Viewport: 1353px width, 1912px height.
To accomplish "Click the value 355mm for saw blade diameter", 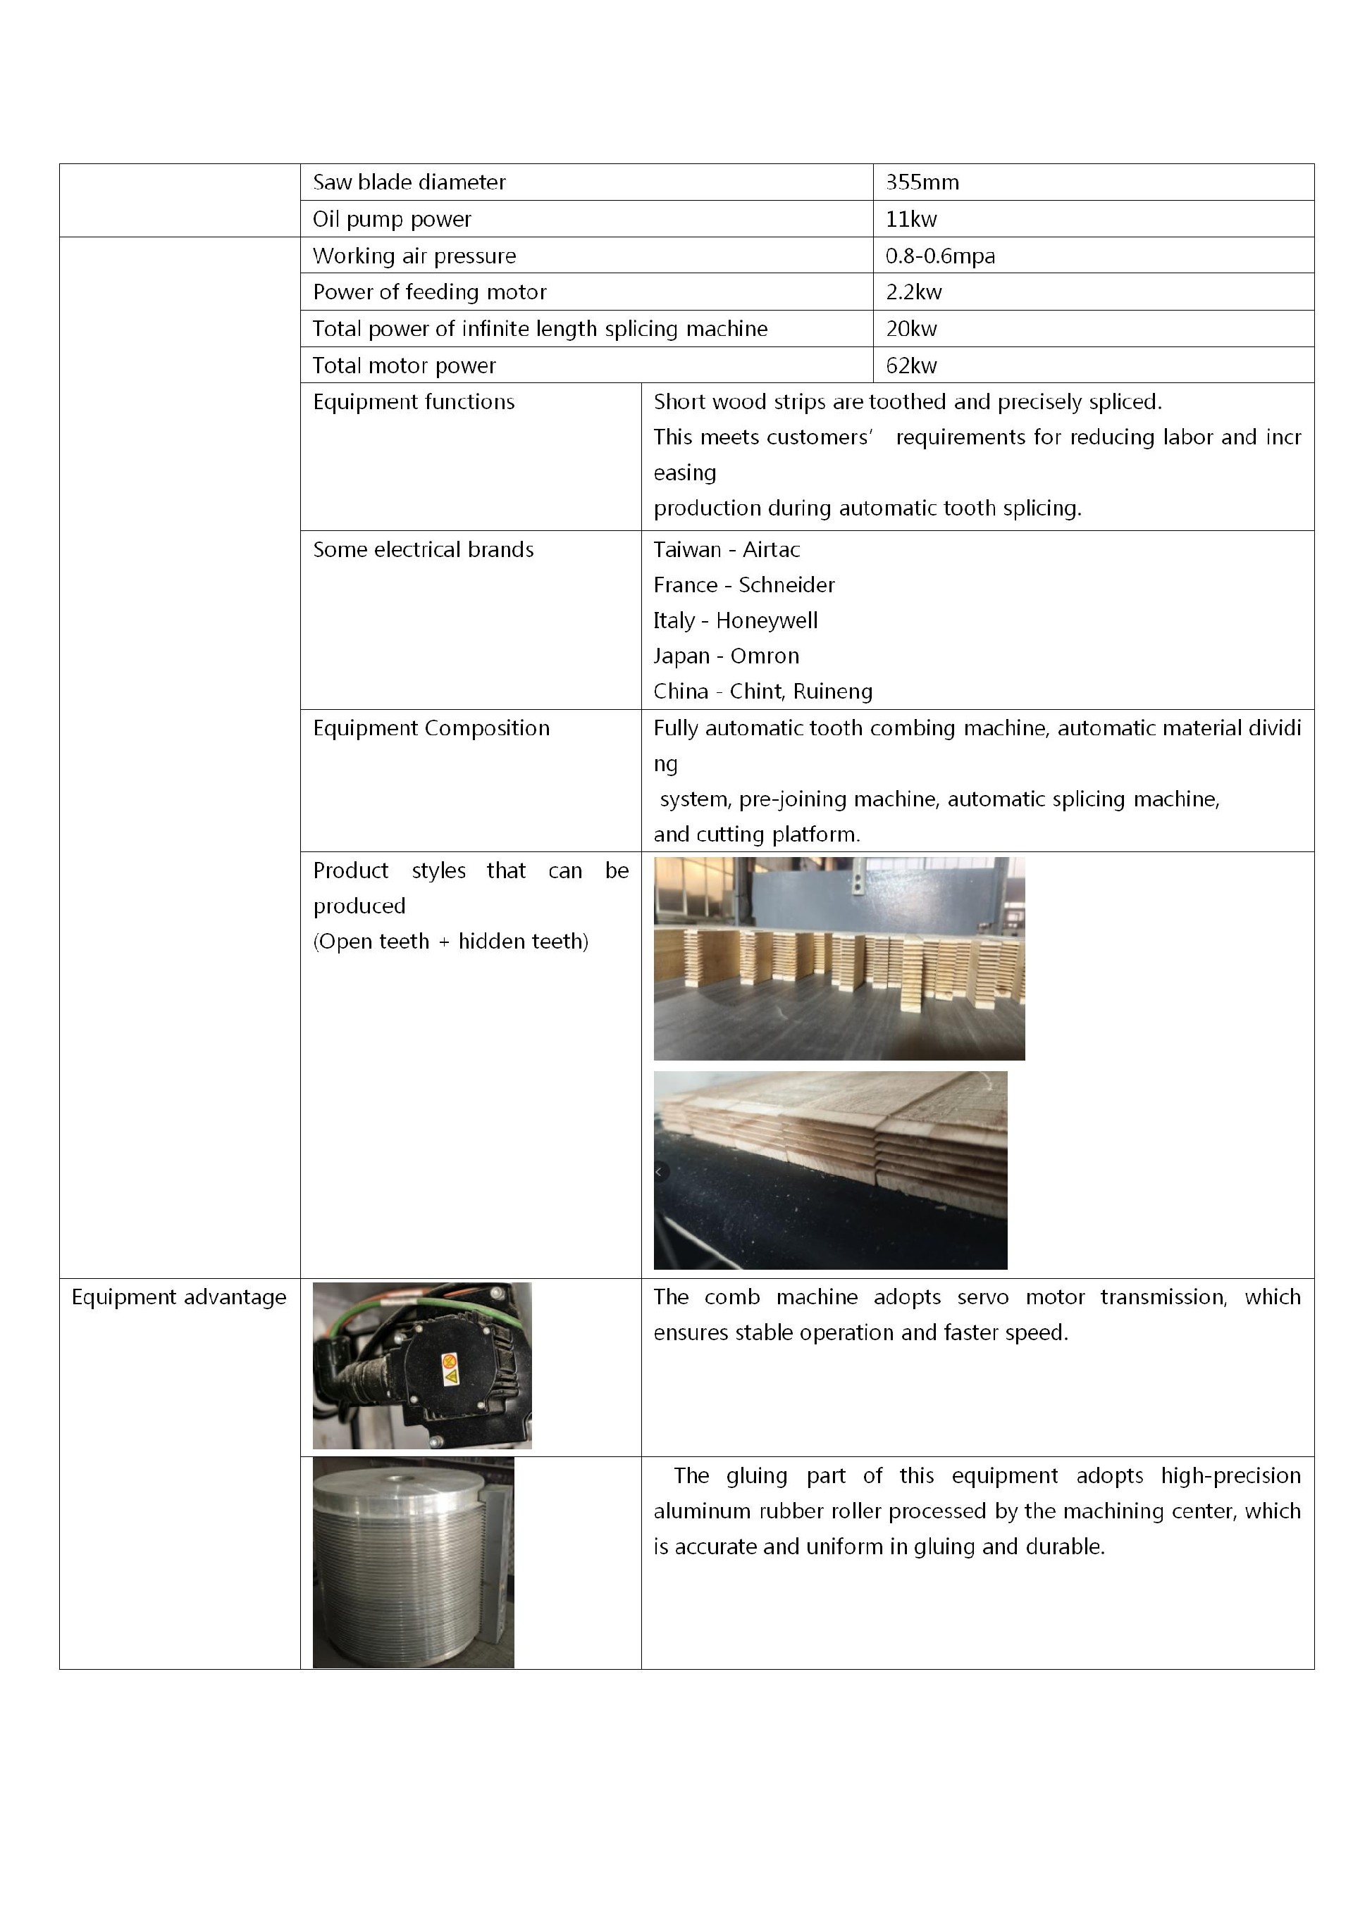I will [x=922, y=182].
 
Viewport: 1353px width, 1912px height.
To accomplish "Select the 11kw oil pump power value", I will [x=910, y=219].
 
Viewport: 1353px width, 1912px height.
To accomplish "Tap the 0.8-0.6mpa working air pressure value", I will [x=940, y=256].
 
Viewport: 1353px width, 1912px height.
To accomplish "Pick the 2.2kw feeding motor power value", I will [x=913, y=292].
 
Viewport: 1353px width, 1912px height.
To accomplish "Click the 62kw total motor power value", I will [x=910, y=365].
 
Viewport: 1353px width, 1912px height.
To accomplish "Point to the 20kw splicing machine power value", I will [x=910, y=329].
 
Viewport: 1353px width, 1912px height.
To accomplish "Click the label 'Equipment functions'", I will [x=413, y=402].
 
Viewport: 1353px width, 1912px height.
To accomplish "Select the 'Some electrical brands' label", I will [x=424, y=549].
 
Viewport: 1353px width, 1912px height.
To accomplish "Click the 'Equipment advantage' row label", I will [x=178, y=1297].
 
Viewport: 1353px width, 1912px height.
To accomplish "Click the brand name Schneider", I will [x=786, y=585].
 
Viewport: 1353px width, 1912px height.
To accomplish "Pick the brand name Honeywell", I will [x=767, y=621].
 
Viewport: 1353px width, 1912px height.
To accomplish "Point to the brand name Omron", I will [x=764, y=656].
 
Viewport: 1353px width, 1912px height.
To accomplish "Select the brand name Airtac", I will [x=771, y=549].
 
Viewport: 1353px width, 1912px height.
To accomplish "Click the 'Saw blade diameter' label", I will [x=409, y=182].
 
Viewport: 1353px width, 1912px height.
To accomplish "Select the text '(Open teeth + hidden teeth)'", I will [x=451, y=942].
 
